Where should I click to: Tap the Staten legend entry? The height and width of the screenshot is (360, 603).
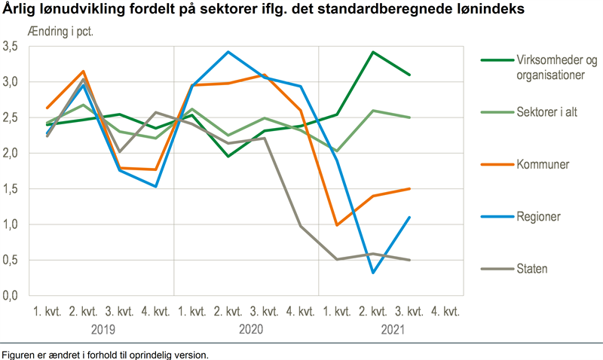click(x=532, y=268)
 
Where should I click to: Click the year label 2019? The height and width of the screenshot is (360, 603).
click(x=102, y=329)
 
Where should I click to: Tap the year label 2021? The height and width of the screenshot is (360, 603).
click(x=392, y=329)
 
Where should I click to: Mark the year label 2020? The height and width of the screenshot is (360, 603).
click(x=247, y=329)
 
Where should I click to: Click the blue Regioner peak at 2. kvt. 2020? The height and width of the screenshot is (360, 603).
click(x=228, y=52)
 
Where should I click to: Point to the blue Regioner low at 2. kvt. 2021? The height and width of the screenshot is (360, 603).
click(x=373, y=273)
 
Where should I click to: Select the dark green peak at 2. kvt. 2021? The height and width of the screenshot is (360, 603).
click(x=373, y=52)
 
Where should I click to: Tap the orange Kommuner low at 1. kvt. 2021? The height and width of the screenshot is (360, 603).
click(x=337, y=225)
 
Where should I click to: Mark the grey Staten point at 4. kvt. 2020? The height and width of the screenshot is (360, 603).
click(x=301, y=226)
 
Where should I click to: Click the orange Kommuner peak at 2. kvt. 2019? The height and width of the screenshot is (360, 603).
click(x=83, y=72)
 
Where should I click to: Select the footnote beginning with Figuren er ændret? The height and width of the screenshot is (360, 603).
click(x=105, y=354)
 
